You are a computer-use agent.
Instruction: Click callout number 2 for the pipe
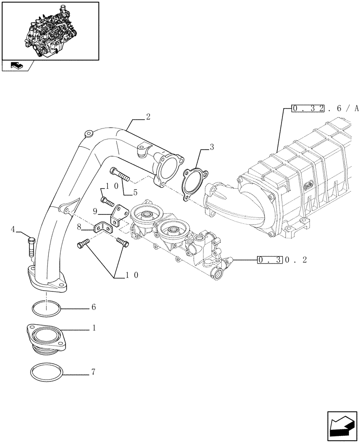point(148,117)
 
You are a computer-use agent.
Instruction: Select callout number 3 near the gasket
point(212,147)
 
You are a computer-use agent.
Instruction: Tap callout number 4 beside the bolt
point(13,229)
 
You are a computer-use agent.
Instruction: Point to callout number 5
point(135,192)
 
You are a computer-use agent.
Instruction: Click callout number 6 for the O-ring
point(93,307)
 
